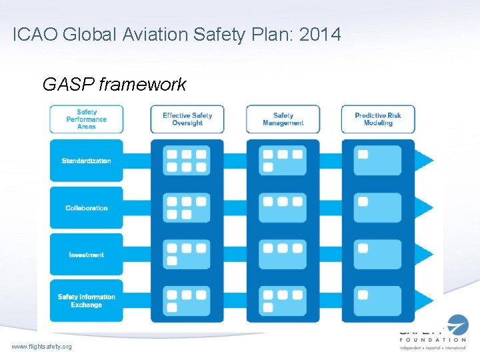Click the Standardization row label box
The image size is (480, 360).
tap(86, 161)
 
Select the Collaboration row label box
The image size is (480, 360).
tap(86, 208)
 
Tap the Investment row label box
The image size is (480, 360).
tap(86, 255)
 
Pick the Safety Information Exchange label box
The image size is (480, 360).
tap(86, 301)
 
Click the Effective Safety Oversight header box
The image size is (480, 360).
tap(187, 119)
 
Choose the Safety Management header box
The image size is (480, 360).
tap(283, 119)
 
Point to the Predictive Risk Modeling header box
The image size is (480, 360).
tap(378, 119)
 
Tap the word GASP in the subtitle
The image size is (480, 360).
tap(65, 85)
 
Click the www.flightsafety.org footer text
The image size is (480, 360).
tap(41, 347)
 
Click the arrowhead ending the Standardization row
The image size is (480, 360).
tap(425, 161)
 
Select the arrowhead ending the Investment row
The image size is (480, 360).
tap(425, 255)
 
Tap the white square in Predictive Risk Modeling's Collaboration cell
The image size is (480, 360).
tap(363, 201)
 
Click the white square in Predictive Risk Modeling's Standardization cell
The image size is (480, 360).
tap(363, 155)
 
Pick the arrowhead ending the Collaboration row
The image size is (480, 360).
tap(425, 208)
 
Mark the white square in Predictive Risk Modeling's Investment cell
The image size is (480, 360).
tap(363, 248)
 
